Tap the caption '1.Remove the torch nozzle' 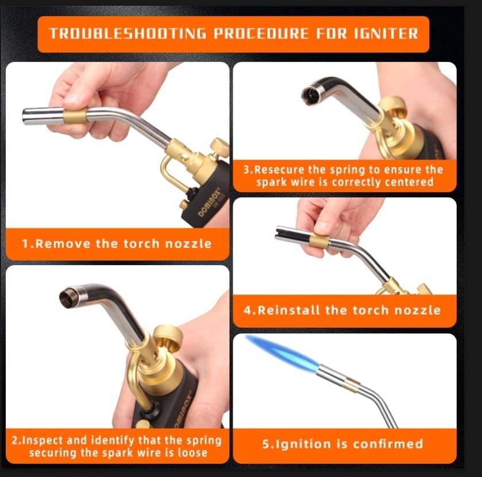(x=117, y=243)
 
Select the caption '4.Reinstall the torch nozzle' (x=342, y=311)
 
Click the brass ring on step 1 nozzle (x=75, y=115)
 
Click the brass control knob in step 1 (x=219, y=147)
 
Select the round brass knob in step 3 (x=394, y=107)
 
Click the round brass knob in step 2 (x=167, y=338)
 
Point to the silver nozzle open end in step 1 (x=26, y=117)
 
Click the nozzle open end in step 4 (x=280, y=234)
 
